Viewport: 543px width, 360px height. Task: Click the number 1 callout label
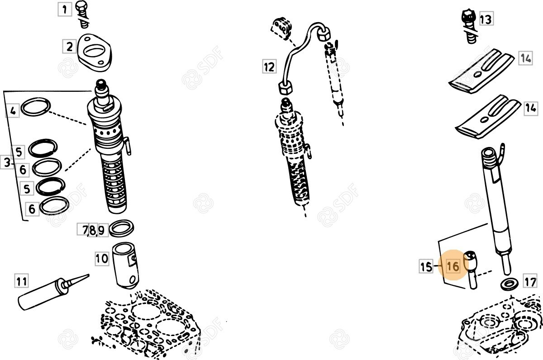coord(65,9)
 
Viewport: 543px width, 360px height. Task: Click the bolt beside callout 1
coord(83,14)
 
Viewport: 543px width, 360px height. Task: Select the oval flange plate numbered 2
coord(94,52)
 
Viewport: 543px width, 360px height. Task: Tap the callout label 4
coord(13,111)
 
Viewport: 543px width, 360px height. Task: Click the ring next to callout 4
coord(36,107)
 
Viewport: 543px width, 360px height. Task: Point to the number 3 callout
coord(7,162)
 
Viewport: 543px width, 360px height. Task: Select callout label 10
coord(102,259)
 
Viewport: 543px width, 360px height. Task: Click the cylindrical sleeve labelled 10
coord(126,266)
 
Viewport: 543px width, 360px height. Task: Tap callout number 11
coord(22,281)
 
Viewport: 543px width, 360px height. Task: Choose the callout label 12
coord(269,66)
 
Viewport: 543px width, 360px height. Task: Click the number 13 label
coord(486,19)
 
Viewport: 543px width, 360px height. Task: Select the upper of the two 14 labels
coord(525,58)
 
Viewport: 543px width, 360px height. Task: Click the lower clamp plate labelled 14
coord(488,117)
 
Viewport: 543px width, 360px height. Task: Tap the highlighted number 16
coord(453,266)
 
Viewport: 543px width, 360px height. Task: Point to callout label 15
coord(426,266)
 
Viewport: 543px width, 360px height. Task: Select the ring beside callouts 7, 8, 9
coord(121,228)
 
